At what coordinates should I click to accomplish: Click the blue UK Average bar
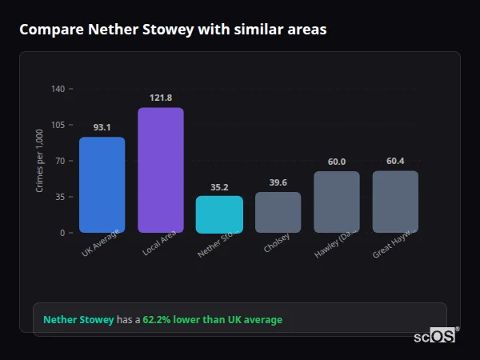click(x=102, y=185)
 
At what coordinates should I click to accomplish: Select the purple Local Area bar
click(x=161, y=170)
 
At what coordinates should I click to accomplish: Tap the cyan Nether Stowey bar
click(x=219, y=214)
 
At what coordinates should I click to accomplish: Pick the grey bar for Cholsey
click(x=278, y=212)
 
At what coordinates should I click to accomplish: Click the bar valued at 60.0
click(x=336, y=202)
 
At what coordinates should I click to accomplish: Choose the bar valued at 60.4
click(x=395, y=202)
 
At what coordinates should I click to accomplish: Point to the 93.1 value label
click(x=102, y=127)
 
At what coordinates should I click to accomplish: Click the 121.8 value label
click(x=161, y=98)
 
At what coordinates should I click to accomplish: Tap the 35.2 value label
click(x=219, y=187)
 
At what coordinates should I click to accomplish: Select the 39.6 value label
click(x=278, y=183)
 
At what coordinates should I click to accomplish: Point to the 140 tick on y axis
click(x=58, y=89)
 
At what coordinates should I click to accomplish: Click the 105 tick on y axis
click(x=58, y=125)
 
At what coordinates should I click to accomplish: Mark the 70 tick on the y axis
click(x=60, y=161)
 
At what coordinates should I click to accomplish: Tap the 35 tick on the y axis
click(x=60, y=197)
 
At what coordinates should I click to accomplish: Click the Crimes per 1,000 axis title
click(x=40, y=161)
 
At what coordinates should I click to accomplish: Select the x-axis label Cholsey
click(x=277, y=243)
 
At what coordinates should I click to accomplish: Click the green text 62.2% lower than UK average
click(x=212, y=320)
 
